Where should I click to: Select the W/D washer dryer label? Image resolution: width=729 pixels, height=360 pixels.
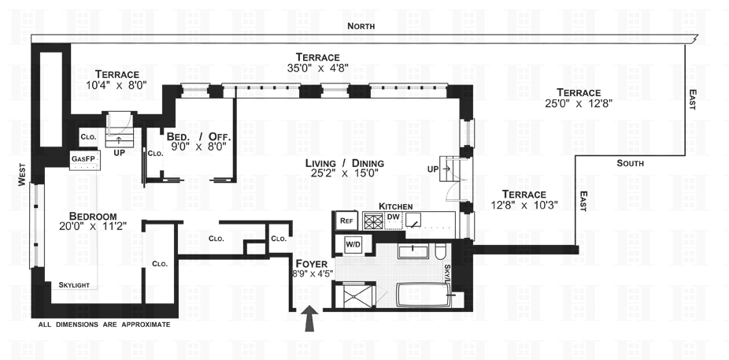click(353, 244)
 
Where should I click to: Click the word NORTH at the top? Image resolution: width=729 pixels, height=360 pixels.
click(361, 26)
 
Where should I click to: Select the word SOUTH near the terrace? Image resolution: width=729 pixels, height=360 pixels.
click(631, 164)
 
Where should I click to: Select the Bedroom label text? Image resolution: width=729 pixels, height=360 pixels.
click(92, 217)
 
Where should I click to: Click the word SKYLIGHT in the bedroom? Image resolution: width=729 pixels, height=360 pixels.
click(74, 284)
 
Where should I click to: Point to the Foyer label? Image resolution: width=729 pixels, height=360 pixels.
click(312, 263)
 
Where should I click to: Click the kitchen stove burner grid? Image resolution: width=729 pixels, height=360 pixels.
click(372, 221)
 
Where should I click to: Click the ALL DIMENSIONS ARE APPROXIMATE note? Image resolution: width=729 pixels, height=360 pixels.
click(104, 325)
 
